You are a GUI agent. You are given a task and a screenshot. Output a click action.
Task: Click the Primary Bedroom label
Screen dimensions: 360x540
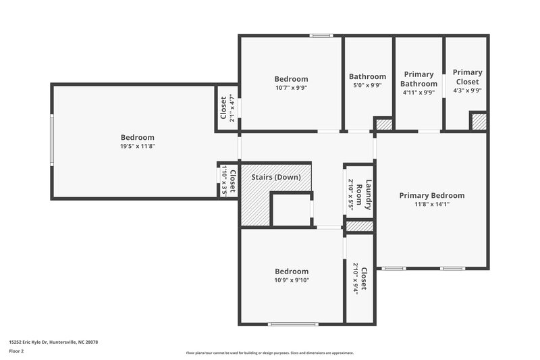pos(431,196)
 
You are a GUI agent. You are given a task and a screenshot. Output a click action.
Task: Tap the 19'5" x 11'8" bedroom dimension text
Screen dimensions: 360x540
pos(138,146)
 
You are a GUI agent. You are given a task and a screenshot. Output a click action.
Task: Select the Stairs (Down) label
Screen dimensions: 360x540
pos(275,177)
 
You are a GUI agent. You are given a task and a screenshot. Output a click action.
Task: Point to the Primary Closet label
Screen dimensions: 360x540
pos(467,77)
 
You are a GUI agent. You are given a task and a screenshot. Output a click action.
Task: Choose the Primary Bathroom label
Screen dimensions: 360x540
pos(418,79)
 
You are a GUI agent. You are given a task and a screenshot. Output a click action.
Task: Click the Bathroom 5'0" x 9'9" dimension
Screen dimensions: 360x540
pos(367,86)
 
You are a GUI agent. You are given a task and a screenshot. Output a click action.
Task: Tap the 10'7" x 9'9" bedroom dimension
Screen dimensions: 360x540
pos(291,88)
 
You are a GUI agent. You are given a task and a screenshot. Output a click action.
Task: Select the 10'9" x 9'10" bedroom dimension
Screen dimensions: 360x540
pos(292,280)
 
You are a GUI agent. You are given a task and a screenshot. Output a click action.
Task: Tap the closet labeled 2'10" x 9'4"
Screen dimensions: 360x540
pos(360,278)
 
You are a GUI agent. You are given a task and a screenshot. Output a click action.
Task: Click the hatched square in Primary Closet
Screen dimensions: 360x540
pos(479,122)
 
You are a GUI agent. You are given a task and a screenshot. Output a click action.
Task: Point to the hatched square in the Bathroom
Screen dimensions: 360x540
pos(383,124)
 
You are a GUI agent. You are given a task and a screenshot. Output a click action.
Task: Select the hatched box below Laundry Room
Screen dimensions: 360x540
pos(360,226)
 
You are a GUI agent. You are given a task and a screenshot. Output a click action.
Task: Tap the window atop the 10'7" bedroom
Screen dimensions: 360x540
pos(321,36)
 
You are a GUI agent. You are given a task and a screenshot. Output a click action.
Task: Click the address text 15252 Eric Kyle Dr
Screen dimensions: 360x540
pos(53,342)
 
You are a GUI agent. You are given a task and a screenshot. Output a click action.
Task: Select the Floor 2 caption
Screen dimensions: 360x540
pos(17,352)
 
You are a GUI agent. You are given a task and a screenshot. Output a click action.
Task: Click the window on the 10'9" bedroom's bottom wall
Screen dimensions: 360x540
pos(292,324)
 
